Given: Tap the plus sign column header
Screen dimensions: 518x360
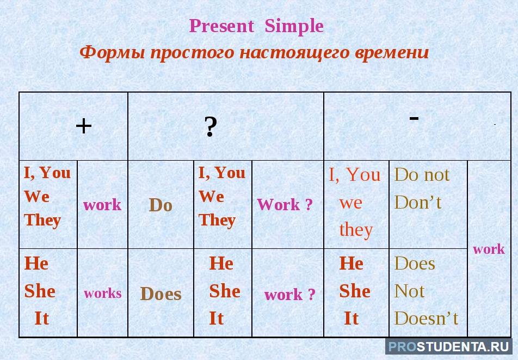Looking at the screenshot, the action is pyautogui.click(x=84, y=126).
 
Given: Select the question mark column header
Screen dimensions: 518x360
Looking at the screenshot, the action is pyautogui.click(x=211, y=127).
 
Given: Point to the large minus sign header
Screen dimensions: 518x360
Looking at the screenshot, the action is pyautogui.click(x=414, y=118).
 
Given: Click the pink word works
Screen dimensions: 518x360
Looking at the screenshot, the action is pyautogui.click(x=102, y=293).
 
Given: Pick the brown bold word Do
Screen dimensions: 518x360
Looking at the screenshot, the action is pyautogui.click(x=161, y=205).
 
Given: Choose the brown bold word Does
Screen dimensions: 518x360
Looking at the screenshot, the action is pyautogui.click(x=161, y=294).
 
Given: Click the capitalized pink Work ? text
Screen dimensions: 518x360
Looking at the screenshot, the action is pyautogui.click(x=285, y=204).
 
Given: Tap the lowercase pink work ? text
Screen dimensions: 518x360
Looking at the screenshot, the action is pyautogui.click(x=289, y=294).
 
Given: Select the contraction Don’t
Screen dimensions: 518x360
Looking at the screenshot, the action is pyautogui.click(x=417, y=202).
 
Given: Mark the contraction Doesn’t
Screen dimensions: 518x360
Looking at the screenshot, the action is pyautogui.click(x=426, y=319).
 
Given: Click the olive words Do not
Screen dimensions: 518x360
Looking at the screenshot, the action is pyautogui.click(x=422, y=174).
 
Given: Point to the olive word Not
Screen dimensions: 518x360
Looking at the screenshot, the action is pyautogui.click(x=409, y=291).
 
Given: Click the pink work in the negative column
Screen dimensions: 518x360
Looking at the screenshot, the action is pyautogui.click(x=489, y=249).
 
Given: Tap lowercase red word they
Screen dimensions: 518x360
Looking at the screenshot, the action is pyautogui.click(x=356, y=229).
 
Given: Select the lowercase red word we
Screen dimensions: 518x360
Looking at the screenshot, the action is pyautogui.click(x=350, y=203).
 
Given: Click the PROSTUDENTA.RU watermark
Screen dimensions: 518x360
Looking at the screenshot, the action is pyautogui.click(x=448, y=346).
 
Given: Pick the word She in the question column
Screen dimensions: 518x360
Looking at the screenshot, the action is pyautogui.click(x=225, y=291).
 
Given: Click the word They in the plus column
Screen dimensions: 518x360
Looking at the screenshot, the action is pyautogui.click(x=42, y=220).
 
